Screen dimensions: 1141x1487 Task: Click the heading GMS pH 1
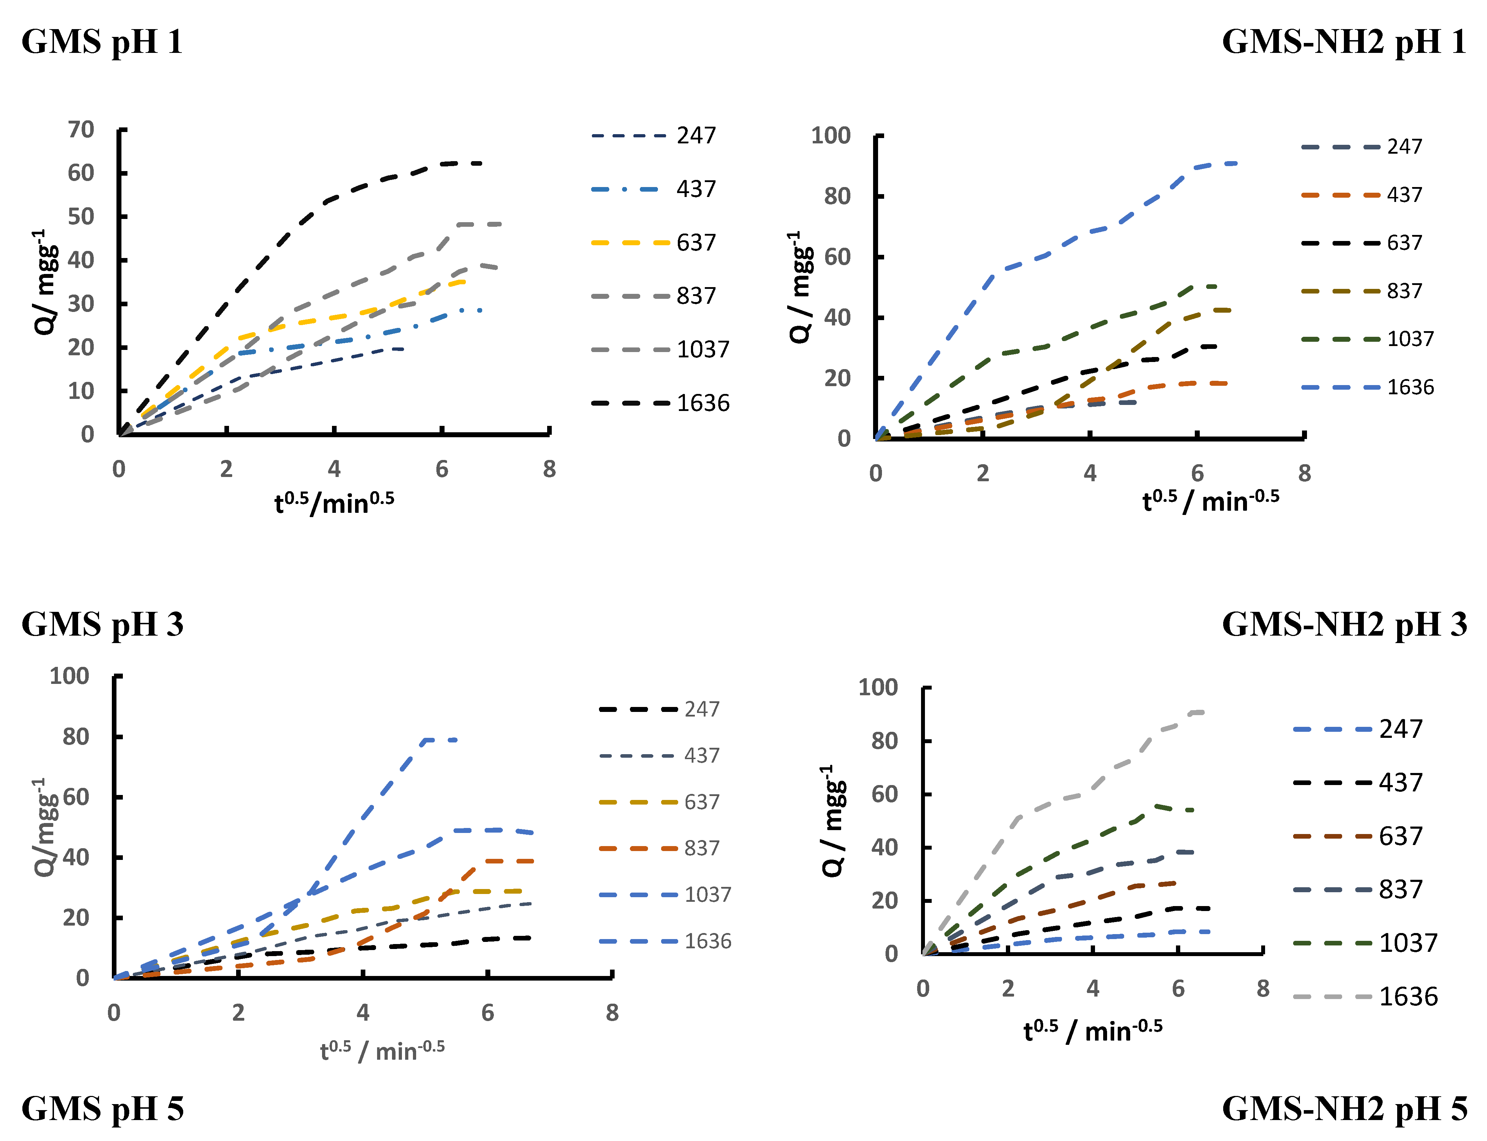pyautogui.click(x=103, y=42)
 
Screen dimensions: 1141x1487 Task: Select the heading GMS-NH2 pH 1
pyautogui.click(x=1344, y=42)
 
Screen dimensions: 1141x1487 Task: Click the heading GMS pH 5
pyautogui.click(x=103, y=1108)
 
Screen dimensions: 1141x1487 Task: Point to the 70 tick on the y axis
pyautogui.click(x=81, y=130)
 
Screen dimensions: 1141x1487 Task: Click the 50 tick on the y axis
pyautogui.click(x=81, y=216)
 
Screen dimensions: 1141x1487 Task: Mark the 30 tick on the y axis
pyautogui.click(x=81, y=303)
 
